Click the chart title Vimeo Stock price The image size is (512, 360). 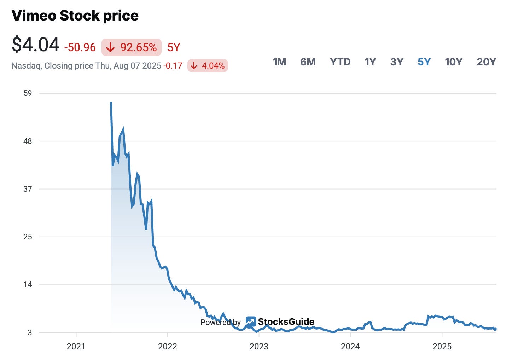pyautogui.click(x=75, y=16)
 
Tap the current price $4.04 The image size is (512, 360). pyautogui.click(x=35, y=45)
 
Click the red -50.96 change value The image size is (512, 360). pyautogui.click(x=80, y=47)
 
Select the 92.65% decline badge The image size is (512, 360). pyautogui.click(x=132, y=47)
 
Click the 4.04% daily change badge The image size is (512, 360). pyautogui.click(x=208, y=66)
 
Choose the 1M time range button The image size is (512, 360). pyautogui.click(x=279, y=62)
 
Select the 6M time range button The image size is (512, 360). pyautogui.click(x=308, y=62)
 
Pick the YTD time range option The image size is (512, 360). pyautogui.click(x=340, y=62)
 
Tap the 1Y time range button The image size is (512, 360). pyautogui.click(x=370, y=62)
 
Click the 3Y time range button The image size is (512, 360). pyautogui.click(x=397, y=62)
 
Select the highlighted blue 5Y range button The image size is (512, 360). pyautogui.click(x=424, y=62)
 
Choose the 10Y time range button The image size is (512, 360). pyautogui.click(x=453, y=62)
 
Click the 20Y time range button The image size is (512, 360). pyautogui.click(x=486, y=62)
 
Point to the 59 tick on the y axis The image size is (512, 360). pyautogui.click(x=28, y=93)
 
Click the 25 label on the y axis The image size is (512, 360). pyautogui.click(x=28, y=237)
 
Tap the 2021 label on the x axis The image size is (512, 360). pyautogui.click(x=76, y=347)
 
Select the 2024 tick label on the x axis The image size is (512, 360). pyautogui.click(x=350, y=347)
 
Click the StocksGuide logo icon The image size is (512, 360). pyautogui.click(x=251, y=321)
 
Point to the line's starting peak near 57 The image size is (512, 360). pyautogui.click(x=111, y=103)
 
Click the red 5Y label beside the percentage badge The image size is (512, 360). pyautogui.click(x=174, y=47)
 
